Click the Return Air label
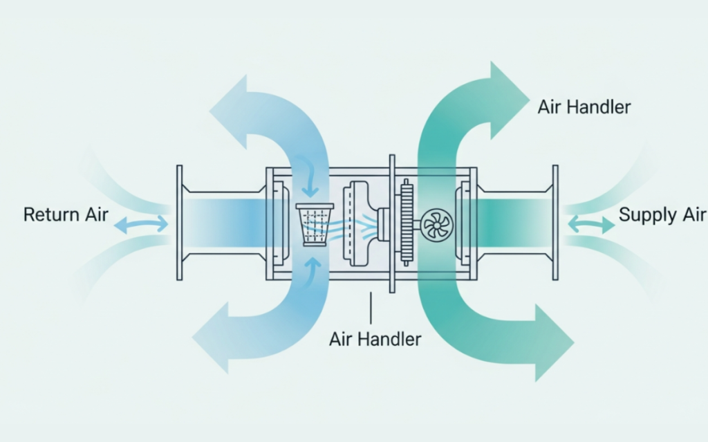[x=66, y=214]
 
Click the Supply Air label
[x=662, y=214]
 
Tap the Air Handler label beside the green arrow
[x=584, y=107]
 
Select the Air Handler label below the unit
[x=375, y=339]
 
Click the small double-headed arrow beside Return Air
[x=140, y=224]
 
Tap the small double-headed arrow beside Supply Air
[x=590, y=224]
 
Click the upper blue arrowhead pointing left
[x=232, y=114]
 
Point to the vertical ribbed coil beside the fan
[x=407, y=221]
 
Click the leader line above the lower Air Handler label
[x=371, y=307]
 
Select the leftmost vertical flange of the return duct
[x=180, y=222]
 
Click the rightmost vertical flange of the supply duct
[x=555, y=222]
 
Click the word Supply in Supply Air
[x=647, y=214]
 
